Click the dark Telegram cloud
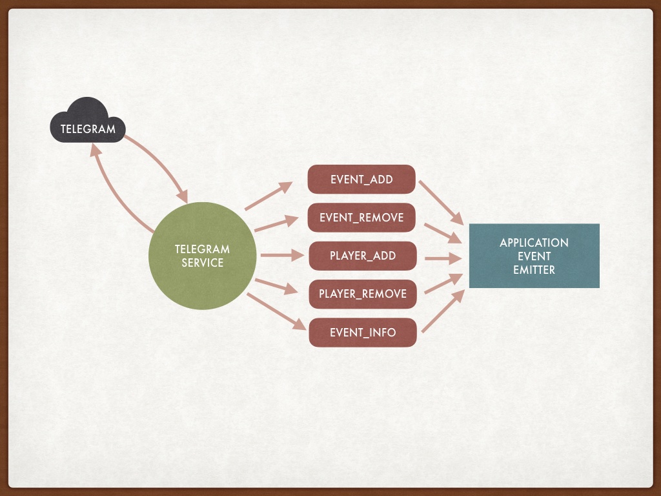pyautogui.click(x=88, y=123)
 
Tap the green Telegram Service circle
pyautogui.click(x=202, y=256)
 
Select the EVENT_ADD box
pyautogui.click(x=361, y=180)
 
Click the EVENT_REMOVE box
pyautogui.click(x=361, y=218)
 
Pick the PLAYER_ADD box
pyautogui.click(x=362, y=256)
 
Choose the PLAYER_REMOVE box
pyautogui.click(x=362, y=294)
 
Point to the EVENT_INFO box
pyautogui.click(x=362, y=333)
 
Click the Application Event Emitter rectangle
pyautogui.click(x=534, y=256)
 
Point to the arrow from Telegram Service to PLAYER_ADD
pyautogui.click(x=281, y=256)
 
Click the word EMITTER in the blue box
pyautogui.click(x=534, y=270)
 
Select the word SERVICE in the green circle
pyautogui.click(x=202, y=263)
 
